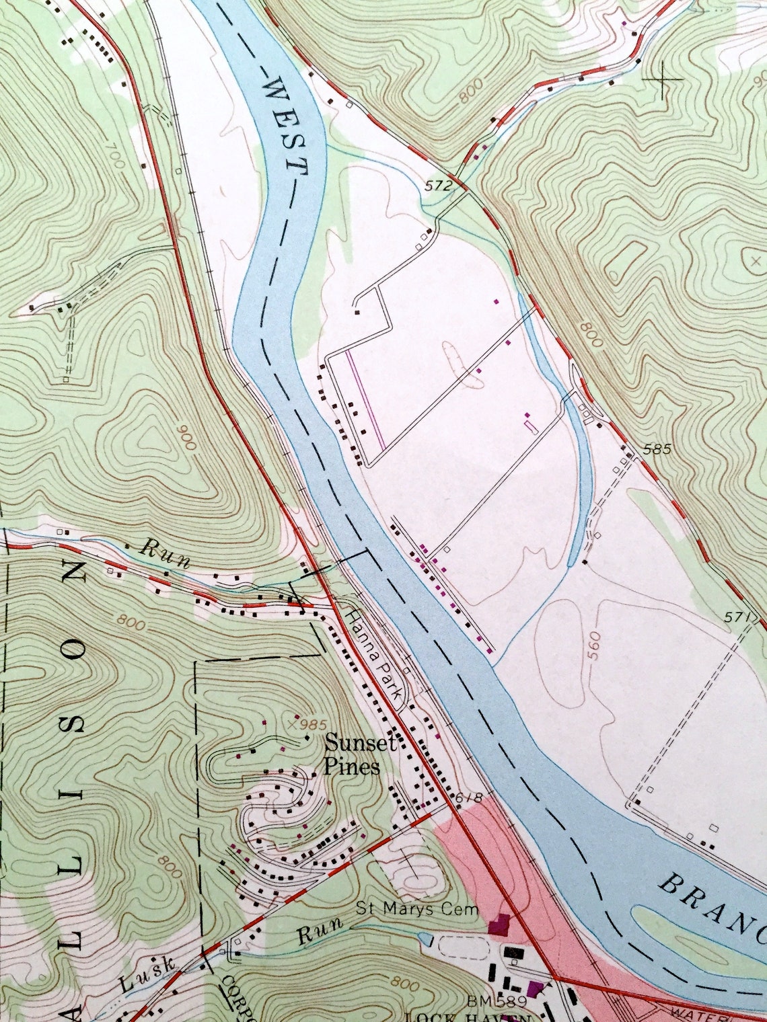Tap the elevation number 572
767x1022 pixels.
[x=438, y=186]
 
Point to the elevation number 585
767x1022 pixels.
[x=657, y=449]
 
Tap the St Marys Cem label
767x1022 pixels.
[x=417, y=910]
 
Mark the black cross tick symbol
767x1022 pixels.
[x=663, y=79]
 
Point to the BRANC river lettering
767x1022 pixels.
[x=713, y=903]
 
